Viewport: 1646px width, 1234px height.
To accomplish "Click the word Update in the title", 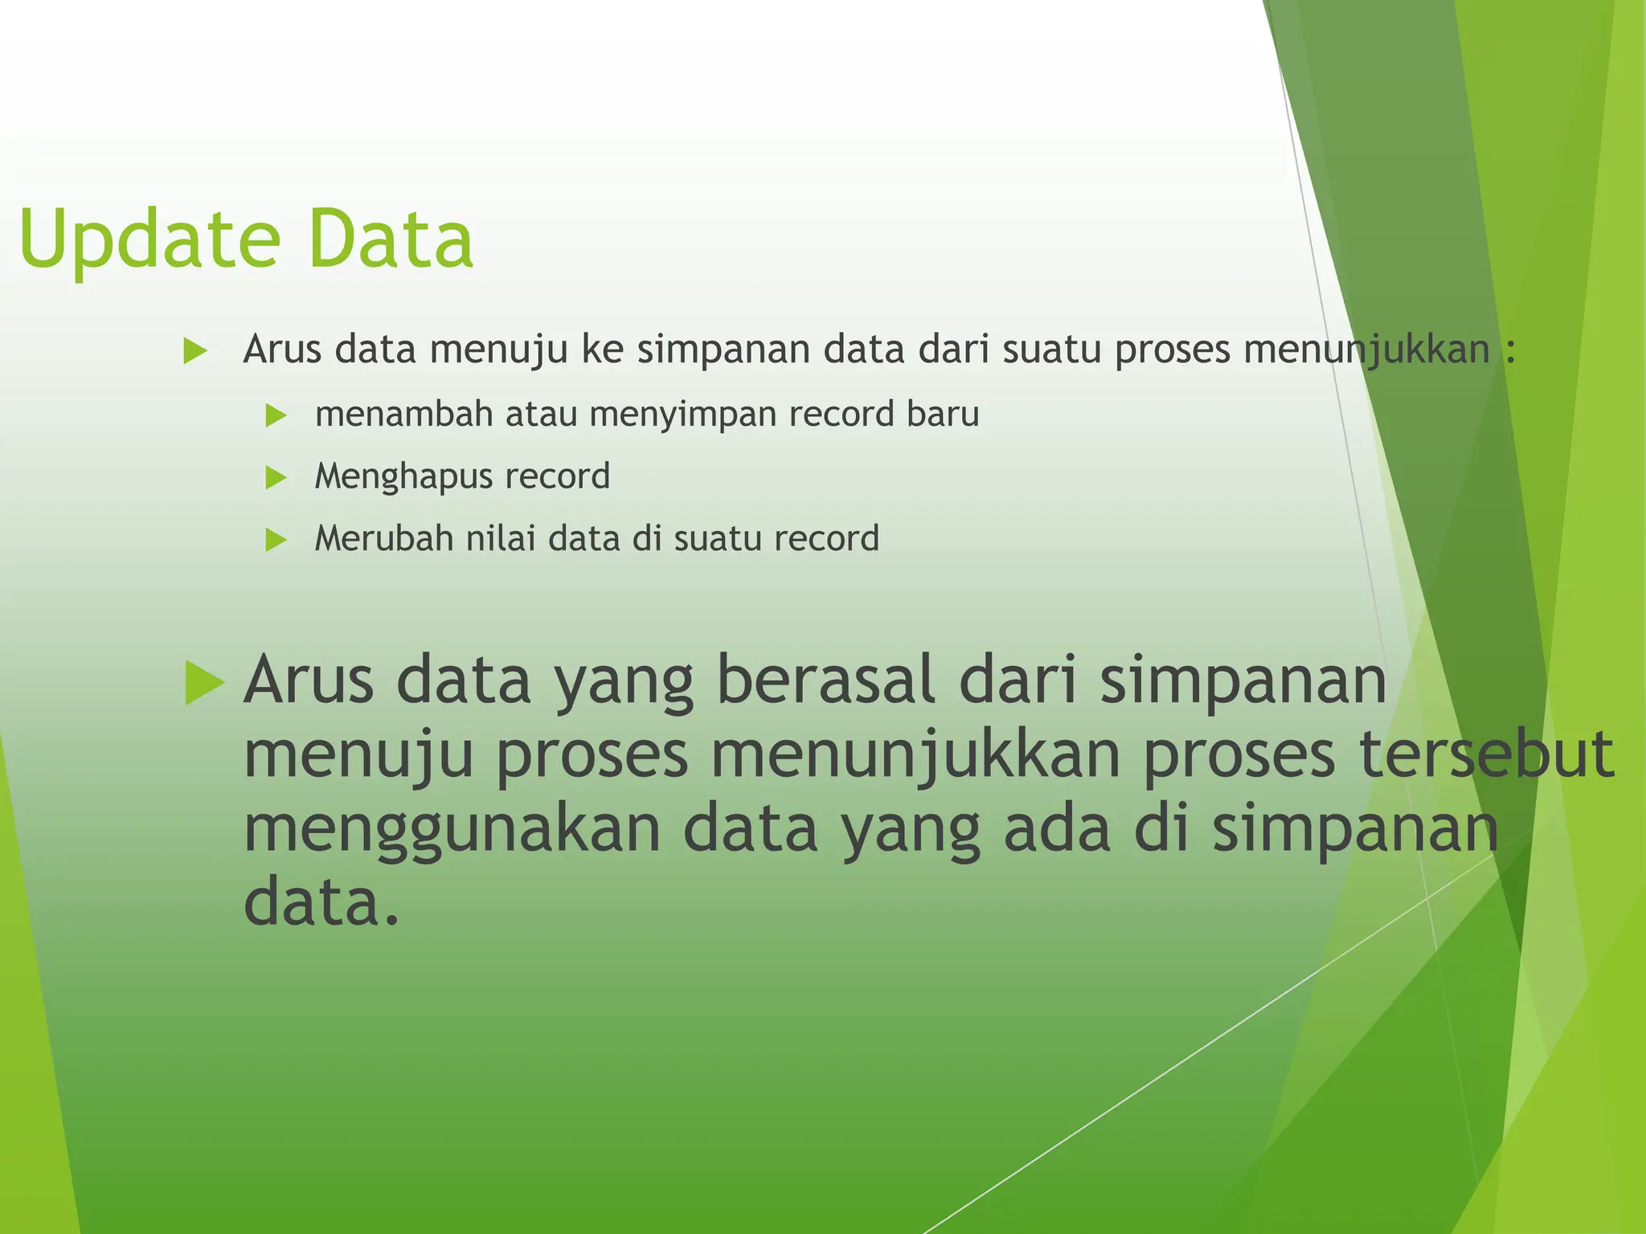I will (149, 240).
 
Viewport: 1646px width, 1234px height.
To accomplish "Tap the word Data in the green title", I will (391, 239).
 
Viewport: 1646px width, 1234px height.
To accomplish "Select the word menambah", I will (403, 415).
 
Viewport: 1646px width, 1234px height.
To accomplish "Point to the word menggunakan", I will (452, 831).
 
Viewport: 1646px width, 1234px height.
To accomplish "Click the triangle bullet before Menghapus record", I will (276, 478).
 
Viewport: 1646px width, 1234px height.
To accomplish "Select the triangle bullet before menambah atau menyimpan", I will (276, 416).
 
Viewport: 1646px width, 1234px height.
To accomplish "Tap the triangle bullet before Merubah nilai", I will (276, 540).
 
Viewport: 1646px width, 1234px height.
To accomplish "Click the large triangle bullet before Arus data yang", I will (203, 683).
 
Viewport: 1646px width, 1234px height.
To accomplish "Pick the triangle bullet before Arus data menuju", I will (195, 351).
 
